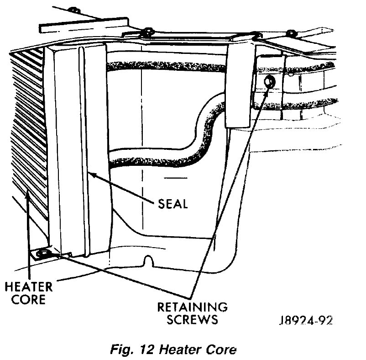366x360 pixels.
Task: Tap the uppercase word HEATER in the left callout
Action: click(28, 288)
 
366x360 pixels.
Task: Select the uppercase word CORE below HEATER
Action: click(28, 300)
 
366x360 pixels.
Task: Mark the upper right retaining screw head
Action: click(269, 82)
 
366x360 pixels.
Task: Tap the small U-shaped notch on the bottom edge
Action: click(148, 261)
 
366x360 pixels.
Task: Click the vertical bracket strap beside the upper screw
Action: click(240, 82)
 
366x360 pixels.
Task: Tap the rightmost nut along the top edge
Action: click(291, 33)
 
